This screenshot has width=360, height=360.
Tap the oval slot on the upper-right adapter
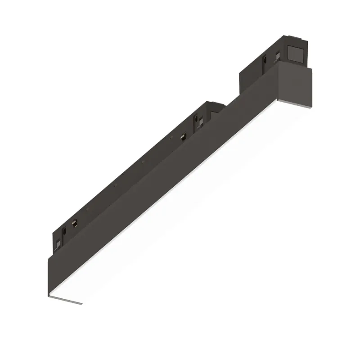[x=265, y=59]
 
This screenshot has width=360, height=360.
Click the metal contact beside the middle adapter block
[x=183, y=136]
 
